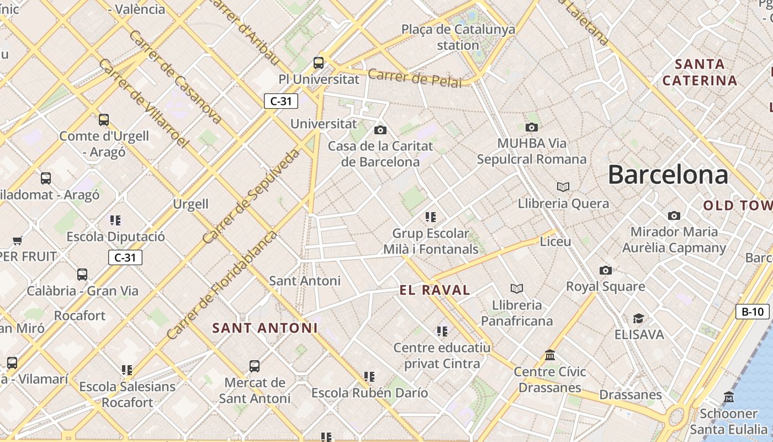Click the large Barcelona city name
click(668, 175)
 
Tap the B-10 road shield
click(752, 312)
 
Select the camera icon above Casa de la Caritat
click(380, 130)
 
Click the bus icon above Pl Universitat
click(319, 62)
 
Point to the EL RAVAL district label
click(435, 290)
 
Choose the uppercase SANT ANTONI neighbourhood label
click(265, 328)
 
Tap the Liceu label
click(555, 241)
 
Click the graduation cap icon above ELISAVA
click(639, 318)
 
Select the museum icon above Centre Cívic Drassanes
click(550, 355)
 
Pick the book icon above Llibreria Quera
click(563, 187)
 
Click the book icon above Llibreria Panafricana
click(517, 288)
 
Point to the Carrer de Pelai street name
click(415, 78)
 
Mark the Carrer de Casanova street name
click(175, 76)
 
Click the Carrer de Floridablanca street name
click(221, 286)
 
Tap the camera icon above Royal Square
click(606, 270)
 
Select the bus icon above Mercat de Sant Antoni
click(255, 366)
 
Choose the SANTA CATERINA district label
click(700, 72)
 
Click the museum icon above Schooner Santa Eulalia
click(729, 397)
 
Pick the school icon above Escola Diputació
click(115, 220)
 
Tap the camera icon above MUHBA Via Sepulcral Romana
click(532, 127)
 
